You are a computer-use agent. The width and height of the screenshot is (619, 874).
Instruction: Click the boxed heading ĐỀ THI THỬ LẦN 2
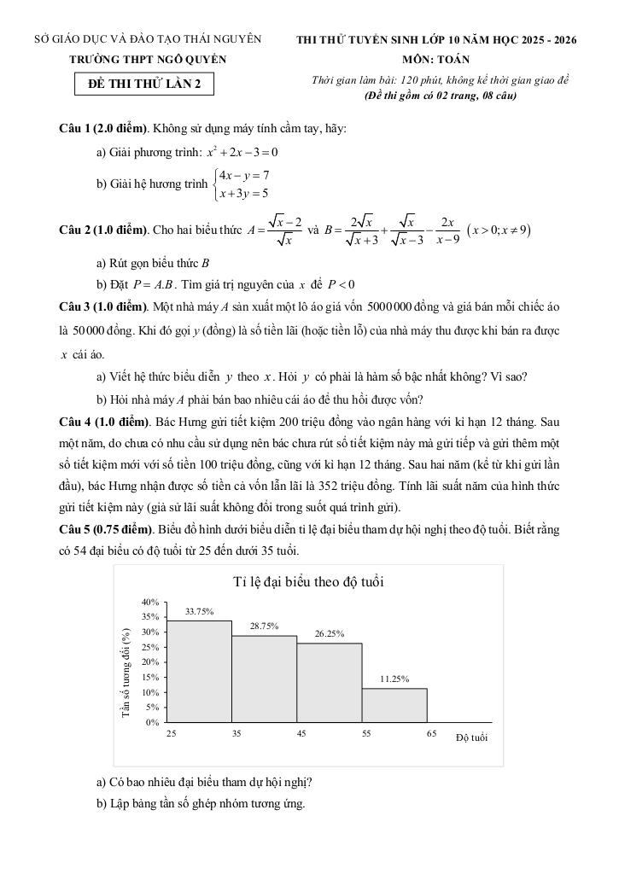tap(144, 84)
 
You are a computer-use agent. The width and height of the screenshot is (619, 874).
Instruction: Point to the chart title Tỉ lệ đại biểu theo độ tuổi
tap(308, 582)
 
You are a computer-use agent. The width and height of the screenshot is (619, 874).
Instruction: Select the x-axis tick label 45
tap(301, 733)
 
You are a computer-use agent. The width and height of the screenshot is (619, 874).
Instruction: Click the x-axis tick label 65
tap(432, 733)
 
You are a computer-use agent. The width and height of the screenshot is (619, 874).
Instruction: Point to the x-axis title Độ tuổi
tap(471, 737)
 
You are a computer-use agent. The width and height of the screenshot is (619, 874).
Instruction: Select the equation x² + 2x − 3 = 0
tap(242, 153)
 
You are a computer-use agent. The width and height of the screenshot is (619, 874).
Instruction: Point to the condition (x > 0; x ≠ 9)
tap(499, 230)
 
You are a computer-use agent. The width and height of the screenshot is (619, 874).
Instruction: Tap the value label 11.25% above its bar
tap(394, 679)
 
